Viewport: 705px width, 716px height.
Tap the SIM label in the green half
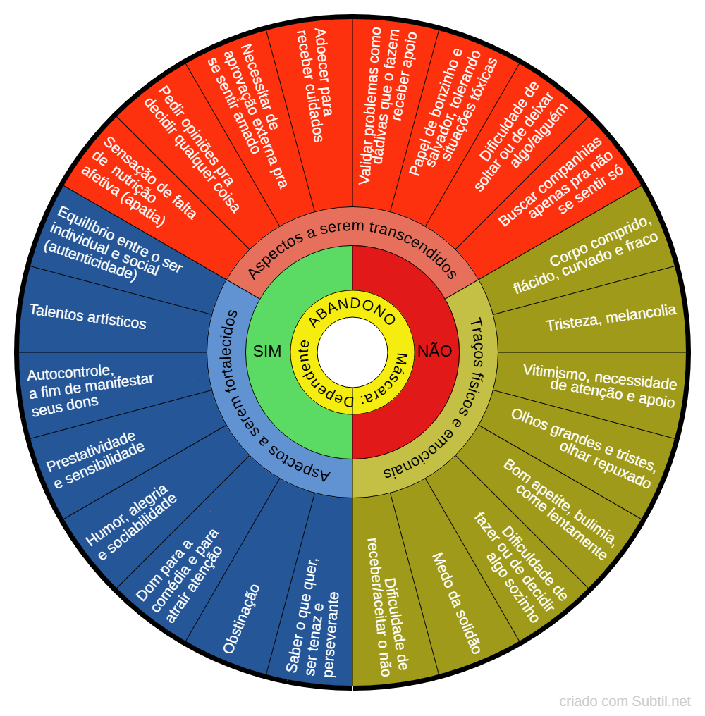tap(267, 351)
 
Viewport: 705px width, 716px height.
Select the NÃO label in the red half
tap(434, 351)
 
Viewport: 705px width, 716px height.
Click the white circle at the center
tap(352, 352)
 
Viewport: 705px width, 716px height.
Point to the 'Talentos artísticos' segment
tap(87, 316)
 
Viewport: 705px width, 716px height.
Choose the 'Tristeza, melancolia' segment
tap(611, 317)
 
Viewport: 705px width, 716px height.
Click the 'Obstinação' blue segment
tap(241, 619)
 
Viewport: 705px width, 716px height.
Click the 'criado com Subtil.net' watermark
tap(625, 701)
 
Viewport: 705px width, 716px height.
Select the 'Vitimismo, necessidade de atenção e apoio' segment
tap(599, 385)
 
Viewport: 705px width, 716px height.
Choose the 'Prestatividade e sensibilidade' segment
tap(95, 459)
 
